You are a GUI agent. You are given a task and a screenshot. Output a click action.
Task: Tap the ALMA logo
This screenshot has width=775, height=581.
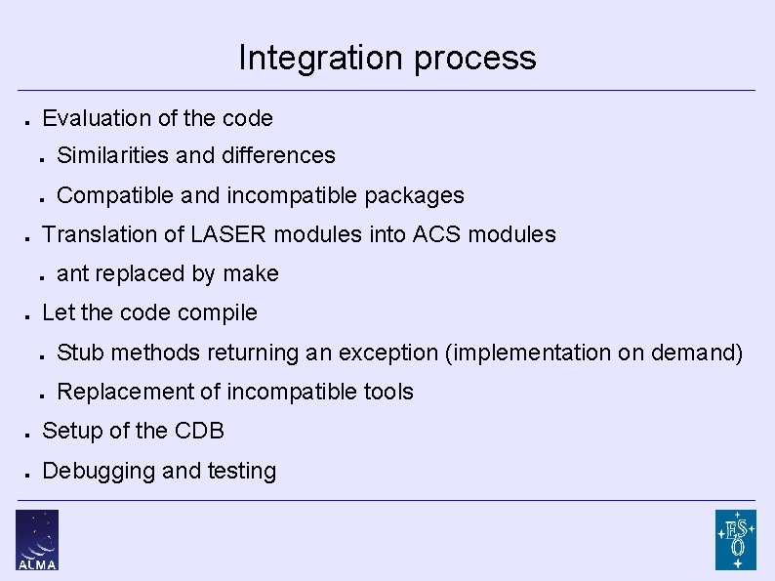pyautogui.click(x=37, y=539)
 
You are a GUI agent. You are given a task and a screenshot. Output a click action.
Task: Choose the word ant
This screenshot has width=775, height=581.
pyautogui.click(x=72, y=274)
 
